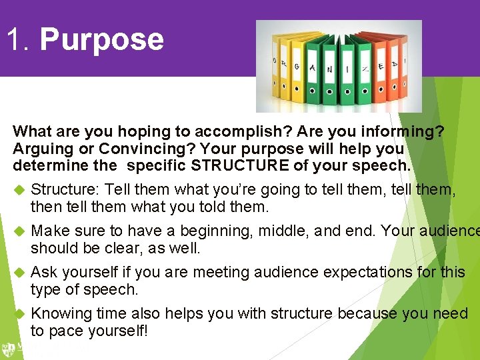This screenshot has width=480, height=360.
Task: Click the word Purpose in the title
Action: click(x=101, y=39)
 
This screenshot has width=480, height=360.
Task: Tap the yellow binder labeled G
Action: click(x=298, y=69)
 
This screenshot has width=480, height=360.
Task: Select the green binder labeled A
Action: click(x=313, y=69)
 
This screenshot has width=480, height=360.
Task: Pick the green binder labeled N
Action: click(x=330, y=69)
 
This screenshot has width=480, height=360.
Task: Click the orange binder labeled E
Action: click(x=381, y=69)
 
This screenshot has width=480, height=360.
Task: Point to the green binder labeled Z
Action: click(x=365, y=69)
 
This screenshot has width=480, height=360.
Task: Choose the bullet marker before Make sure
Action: click(x=19, y=231)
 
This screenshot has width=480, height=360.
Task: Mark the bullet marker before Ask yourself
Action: click(x=19, y=272)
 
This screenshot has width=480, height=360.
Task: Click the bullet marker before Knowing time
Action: click(x=19, y=313)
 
